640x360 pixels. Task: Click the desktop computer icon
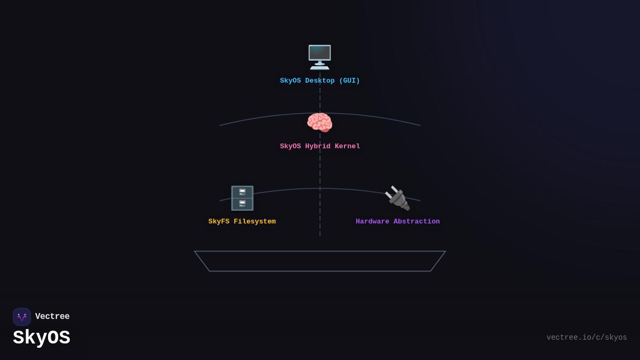pyautogui.click(x=319, y=57)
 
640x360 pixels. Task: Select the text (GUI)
pyautogui.click(x=349, y=81)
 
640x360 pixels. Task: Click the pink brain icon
pyautogui.click(x=319, y=123)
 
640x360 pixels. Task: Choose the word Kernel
pyautogui.click(x=347, y=147)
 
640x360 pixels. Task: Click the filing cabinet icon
pyautogui.click(x=242, y=198)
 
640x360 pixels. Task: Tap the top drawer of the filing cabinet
pyautogui.click(x=242, y=192)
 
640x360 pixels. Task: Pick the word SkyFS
pyautogui.click(x=219, y=222)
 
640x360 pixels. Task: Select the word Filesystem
pyautogui.click(x=254, y=222)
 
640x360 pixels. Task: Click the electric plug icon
pyautogui.click(x=397, y=198)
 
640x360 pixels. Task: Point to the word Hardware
pyautogui.click(x=372, y=222)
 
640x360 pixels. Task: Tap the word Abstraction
pyautogui.click(x=417, y=222)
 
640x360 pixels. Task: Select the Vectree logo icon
pyautogui.click(x=22, y=317)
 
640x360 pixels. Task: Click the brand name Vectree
pyautogui.click(x=52, y=317)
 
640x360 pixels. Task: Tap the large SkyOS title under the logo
pyautogui.click(x=42, y=338)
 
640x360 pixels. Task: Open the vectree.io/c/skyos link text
pyautogui.click(x=587, y=338)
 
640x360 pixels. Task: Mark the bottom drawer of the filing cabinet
pyautogui.click(x=242, y=204)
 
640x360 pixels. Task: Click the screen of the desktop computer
pyautogui.click(x=319, y=54)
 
